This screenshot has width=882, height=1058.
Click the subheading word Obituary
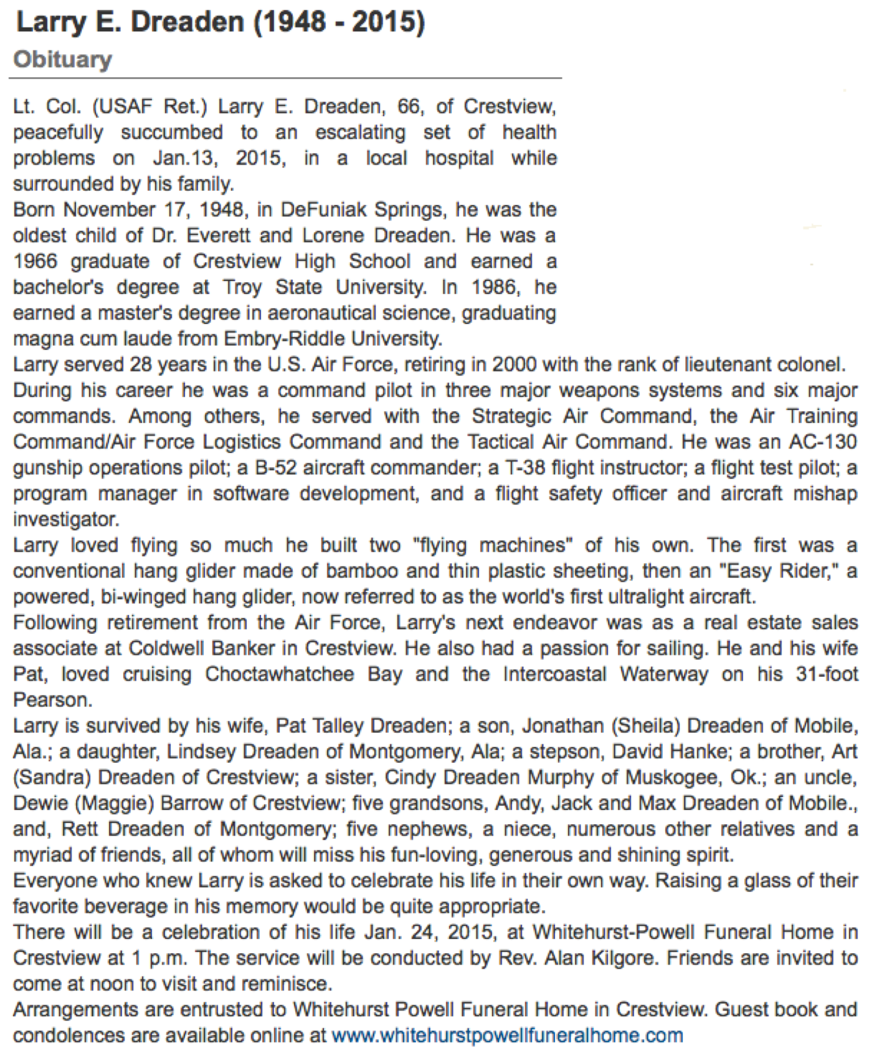tap(63, 60)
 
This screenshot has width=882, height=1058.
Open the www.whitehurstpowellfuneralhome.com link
tap(507, 1035)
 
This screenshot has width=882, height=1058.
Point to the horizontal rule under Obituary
tap(285, 79)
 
